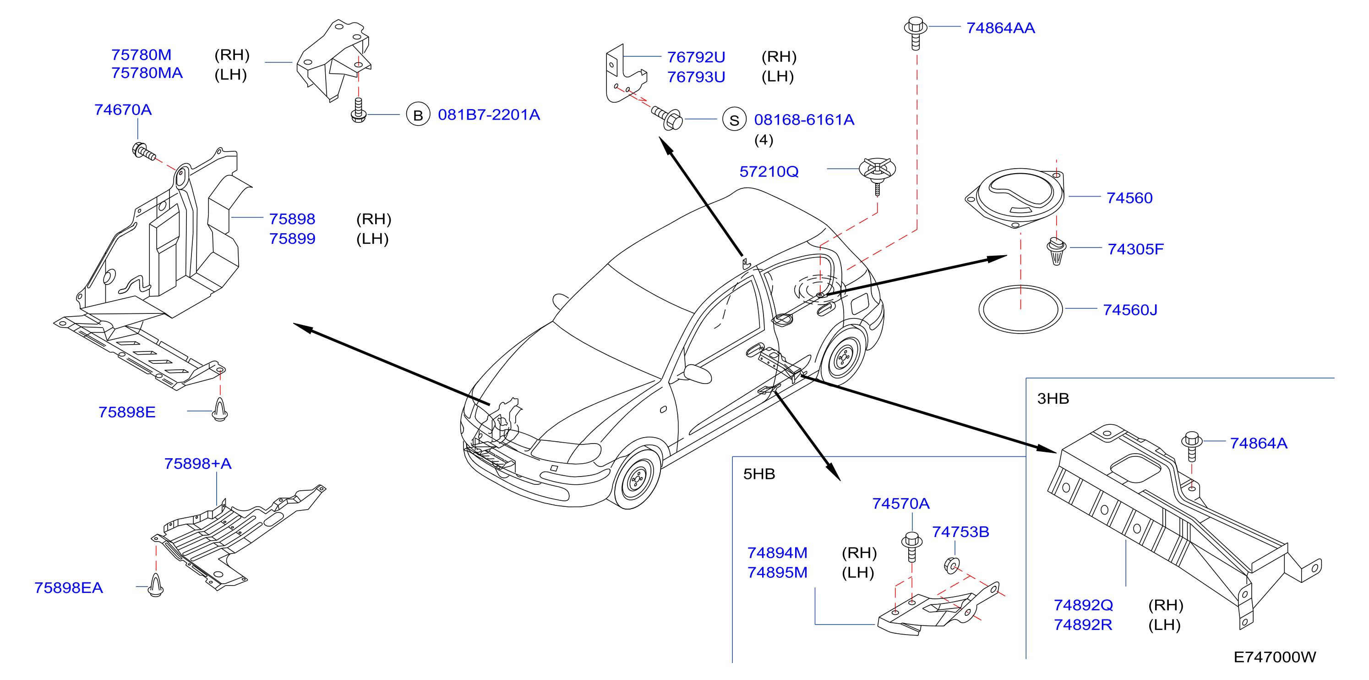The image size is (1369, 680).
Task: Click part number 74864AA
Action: coord(1000,28)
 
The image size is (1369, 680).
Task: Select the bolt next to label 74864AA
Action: coord(915,33)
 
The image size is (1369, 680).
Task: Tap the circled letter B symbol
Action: coord(418,114)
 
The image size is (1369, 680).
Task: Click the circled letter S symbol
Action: coord(734,120)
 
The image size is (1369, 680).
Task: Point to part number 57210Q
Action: coord(769,172)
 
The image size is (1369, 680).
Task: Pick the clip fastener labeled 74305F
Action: coord(1056,251)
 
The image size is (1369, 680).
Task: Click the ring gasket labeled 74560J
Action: coord(1020,309)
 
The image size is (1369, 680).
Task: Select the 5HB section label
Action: coord(759,474)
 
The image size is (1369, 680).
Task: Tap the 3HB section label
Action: coord(1053,398)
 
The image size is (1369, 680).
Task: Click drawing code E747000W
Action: coord(1274,657)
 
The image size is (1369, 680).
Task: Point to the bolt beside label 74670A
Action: coord(143,152)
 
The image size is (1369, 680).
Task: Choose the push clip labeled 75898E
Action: coord(219,409)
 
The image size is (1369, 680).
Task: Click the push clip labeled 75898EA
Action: coord(155,585)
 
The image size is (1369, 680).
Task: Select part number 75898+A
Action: coord(198,464)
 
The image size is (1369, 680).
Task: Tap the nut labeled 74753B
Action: coord(952,565)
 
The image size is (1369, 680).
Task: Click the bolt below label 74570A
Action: coord(912,547)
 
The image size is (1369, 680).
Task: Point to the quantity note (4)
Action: coord(764,140)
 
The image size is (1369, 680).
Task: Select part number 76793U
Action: coord(696,77)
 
